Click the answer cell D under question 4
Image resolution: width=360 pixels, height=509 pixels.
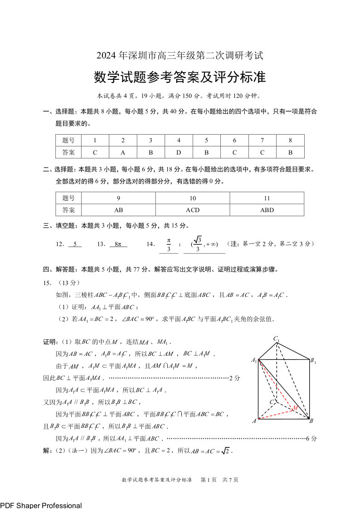179,152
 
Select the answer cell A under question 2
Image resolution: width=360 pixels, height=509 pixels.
123,152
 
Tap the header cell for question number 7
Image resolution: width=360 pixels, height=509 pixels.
263,141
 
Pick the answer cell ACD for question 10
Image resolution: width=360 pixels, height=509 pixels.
193,210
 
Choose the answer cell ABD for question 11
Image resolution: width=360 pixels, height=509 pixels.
267,210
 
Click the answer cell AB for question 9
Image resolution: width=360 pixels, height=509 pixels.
118,210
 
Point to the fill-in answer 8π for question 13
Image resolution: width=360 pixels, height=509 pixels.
118,244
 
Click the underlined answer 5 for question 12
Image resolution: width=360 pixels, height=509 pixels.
75,244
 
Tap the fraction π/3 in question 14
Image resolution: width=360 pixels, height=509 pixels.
169,244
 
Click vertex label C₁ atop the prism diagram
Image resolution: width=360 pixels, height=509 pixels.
276,339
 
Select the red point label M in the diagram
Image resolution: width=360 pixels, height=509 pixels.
295,408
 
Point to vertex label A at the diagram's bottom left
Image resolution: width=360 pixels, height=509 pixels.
254,421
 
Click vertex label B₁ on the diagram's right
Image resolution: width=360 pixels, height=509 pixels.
313,361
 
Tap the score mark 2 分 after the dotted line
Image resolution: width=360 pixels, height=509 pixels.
234,378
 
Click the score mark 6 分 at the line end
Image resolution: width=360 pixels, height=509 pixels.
311,438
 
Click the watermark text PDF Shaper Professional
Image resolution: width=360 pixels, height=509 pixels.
41,505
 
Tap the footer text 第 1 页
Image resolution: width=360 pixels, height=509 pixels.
208,480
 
